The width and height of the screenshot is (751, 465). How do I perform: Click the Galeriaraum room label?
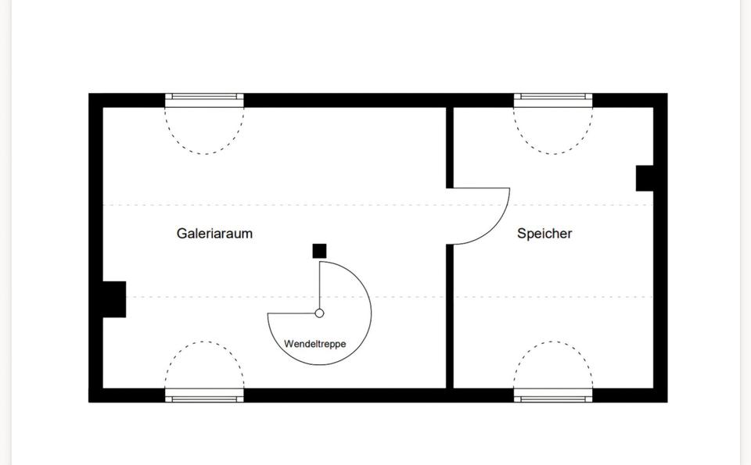(x=214, y=234)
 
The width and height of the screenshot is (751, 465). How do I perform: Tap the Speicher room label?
(x=544, y=234)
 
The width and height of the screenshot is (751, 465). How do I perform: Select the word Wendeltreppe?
(x=314, y=344)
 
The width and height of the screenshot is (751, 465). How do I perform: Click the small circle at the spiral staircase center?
(x=319, y=313)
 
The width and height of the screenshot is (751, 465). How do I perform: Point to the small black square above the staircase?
(x=319, y=251)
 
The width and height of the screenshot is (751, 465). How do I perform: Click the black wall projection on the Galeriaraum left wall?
(x=114, y=299)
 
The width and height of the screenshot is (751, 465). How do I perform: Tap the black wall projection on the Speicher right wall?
(x=645, y=178)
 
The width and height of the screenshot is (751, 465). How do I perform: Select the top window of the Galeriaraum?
(x=204, y=100)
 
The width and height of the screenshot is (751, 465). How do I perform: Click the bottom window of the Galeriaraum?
(x=204, y=395)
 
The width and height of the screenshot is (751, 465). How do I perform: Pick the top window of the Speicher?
(x=553, y=100)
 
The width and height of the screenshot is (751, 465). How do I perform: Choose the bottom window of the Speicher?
(x=553, y=395)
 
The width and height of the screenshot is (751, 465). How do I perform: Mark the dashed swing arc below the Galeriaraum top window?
(x=204, y=154)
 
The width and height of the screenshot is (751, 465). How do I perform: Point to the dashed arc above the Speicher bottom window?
(x=553, y=342)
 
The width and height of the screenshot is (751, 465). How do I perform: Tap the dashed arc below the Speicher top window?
(x=553, y=154)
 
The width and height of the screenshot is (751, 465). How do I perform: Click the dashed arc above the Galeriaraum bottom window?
(x=204, y=342)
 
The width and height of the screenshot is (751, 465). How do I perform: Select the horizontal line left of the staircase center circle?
(x=291, y=313)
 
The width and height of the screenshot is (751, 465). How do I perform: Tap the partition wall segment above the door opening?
(x=450, y=148)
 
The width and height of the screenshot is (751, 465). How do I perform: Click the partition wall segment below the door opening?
(x=450, y=317)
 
